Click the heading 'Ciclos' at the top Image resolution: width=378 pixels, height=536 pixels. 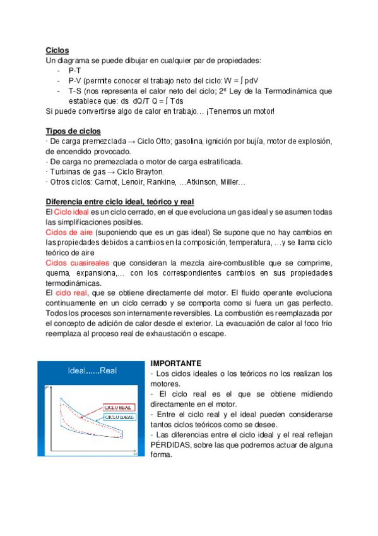click(x=57, y=51)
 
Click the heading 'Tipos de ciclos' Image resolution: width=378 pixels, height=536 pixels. click(x=73, y=131)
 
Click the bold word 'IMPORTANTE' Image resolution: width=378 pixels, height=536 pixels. click(x=175, y=363)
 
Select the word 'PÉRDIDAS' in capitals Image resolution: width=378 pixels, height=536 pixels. click(x=171, y=444)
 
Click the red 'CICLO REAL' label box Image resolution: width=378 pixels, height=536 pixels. click(x=120, y=407)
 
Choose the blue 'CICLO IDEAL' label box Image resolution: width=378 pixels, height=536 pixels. click(x=121, y=417)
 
